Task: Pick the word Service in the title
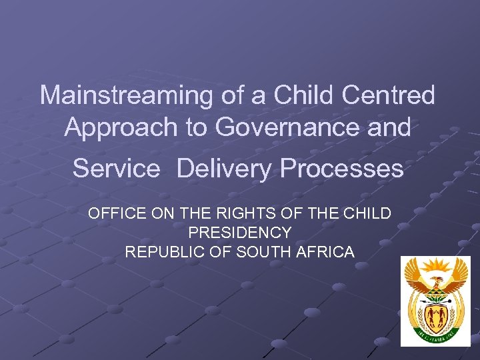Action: click(x=117, y=169)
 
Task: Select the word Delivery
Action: click(x=225, y=169)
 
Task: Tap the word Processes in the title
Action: click(x=342, y=169)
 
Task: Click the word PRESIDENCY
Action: click(x=239, y=233)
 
